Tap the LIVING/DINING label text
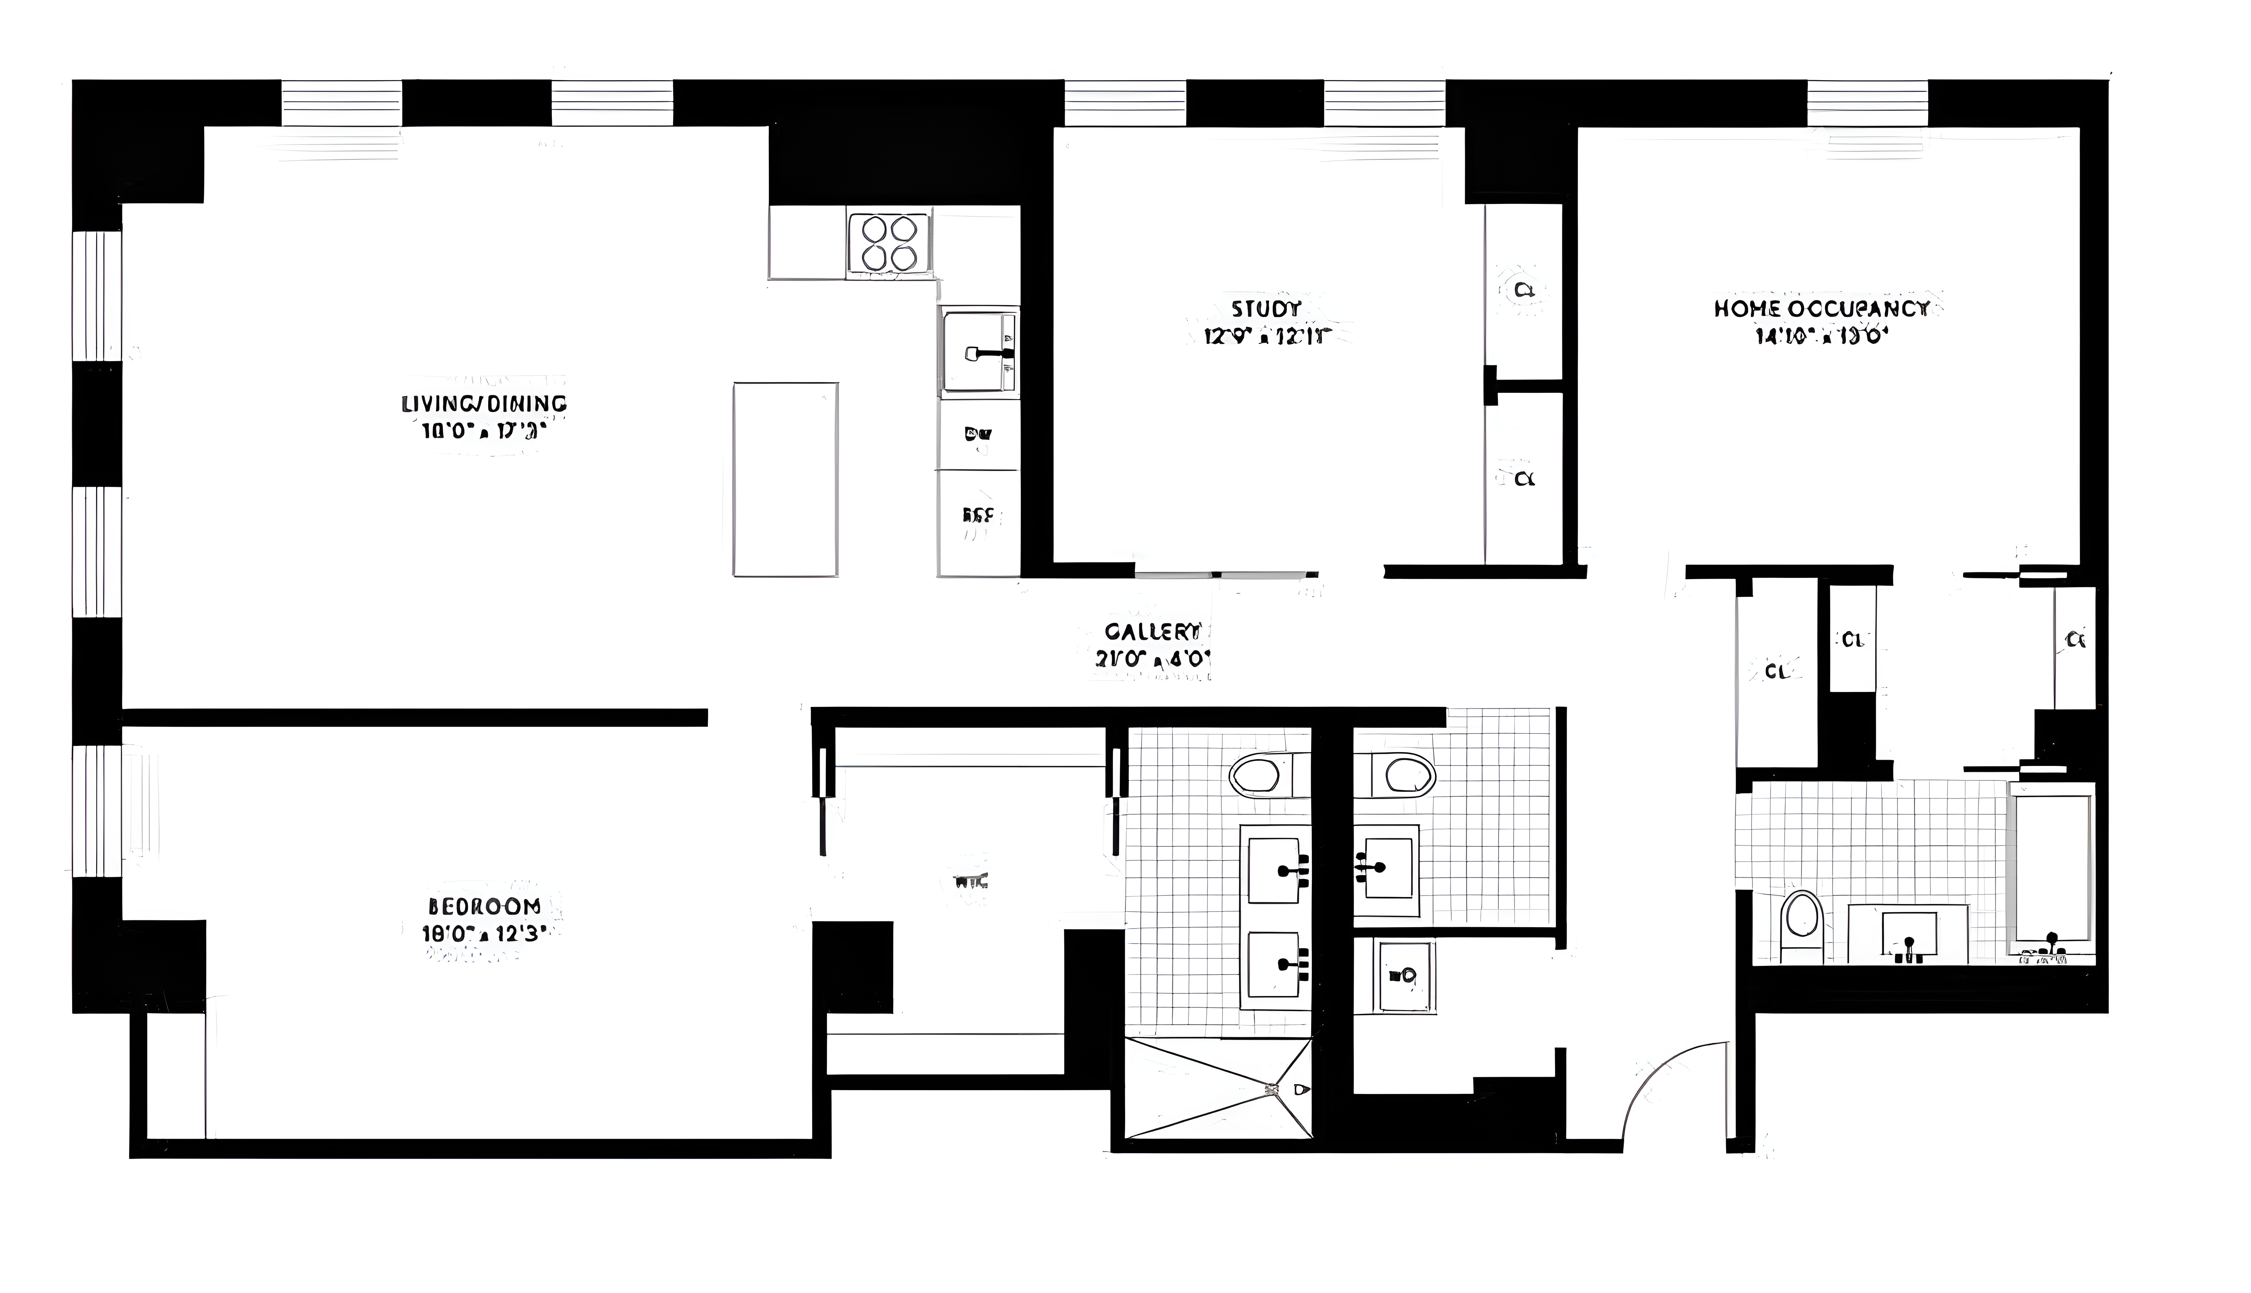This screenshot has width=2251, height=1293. coord(484,404)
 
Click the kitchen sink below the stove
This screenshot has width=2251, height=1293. coord(978,352)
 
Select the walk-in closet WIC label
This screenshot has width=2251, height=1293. coord(970,882)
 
